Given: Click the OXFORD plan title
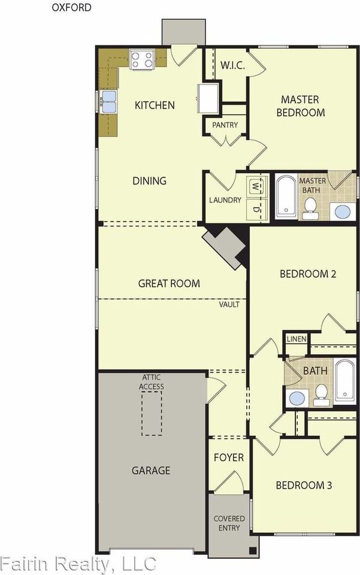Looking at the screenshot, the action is (x=71, y=7).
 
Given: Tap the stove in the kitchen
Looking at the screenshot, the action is (x=141, y=60).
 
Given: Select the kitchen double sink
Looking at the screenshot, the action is (x=109, y=102).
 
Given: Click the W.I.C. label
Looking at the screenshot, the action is (x=232, y=66).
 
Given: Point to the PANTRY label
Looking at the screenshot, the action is (x=225, y=125).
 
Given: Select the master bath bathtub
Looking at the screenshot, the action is (x=286, y=196).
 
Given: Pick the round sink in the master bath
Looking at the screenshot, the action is (x=343, y=211).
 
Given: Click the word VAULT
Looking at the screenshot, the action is (x=229, y=304).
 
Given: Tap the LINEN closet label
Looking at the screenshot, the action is (x=297, y=339).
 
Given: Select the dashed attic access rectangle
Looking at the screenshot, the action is (x=152, y=413).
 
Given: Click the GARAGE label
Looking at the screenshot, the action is (x=151, y=471).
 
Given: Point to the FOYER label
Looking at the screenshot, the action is (x=229, y=458).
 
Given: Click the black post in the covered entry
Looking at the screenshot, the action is (x=253, y=550).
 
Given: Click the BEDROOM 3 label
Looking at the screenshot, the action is (x=304, y=486).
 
